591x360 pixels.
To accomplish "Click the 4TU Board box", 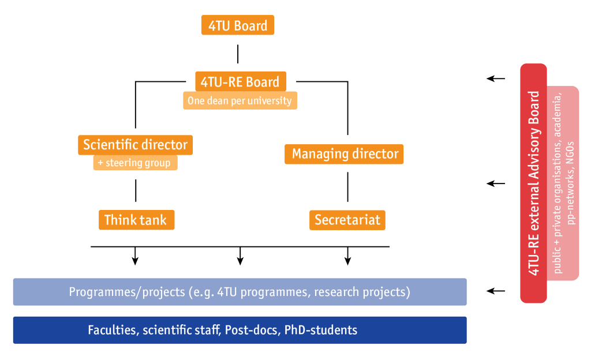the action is (237, 25).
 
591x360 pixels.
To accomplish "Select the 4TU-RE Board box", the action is (241, 81).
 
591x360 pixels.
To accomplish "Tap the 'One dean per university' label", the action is (240, 100).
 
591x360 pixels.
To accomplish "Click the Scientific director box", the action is (135, 145).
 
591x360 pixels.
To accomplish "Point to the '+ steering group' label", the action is (135, 163).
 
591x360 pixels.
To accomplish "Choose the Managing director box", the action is (344, 154).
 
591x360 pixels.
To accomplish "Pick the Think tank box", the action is (136, 220).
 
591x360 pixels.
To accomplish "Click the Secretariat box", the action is (347, 220).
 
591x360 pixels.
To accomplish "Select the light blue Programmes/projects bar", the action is (240, 292).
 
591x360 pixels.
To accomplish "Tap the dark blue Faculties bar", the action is (240, 330).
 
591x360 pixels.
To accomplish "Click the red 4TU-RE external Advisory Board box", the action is (533, 183).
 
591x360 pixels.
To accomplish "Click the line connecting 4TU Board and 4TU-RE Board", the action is (238, 54).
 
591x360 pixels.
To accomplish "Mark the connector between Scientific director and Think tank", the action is (136, 190).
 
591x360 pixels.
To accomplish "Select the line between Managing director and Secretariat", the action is (347, 187).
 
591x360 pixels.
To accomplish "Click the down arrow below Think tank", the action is (135, 256).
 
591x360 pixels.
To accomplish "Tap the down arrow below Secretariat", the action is (347, 256).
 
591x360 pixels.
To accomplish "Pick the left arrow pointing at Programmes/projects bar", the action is (496, 291).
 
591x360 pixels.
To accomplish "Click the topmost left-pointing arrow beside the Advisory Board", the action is (496, 78).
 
